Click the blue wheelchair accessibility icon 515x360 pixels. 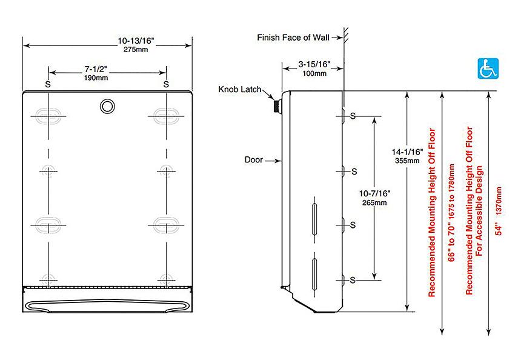coord(488,68)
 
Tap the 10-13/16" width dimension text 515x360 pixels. coord(136,41)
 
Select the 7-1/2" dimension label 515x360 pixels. coord(96,69)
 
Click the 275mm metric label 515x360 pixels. coord(136,50)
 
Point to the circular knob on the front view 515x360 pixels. coord(107,107)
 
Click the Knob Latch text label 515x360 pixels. coord(240,89)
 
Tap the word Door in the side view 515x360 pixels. coord(253,160)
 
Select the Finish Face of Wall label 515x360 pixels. coord(293,38)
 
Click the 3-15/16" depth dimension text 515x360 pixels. coord(314,64)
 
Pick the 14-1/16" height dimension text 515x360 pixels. coord(407,152)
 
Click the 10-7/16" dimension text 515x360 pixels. coord(374,194)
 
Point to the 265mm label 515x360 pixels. coord(374,202)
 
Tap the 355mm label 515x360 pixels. coord(407,161)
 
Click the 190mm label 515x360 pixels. coord(96,78)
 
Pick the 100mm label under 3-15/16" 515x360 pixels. coord(314,73)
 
